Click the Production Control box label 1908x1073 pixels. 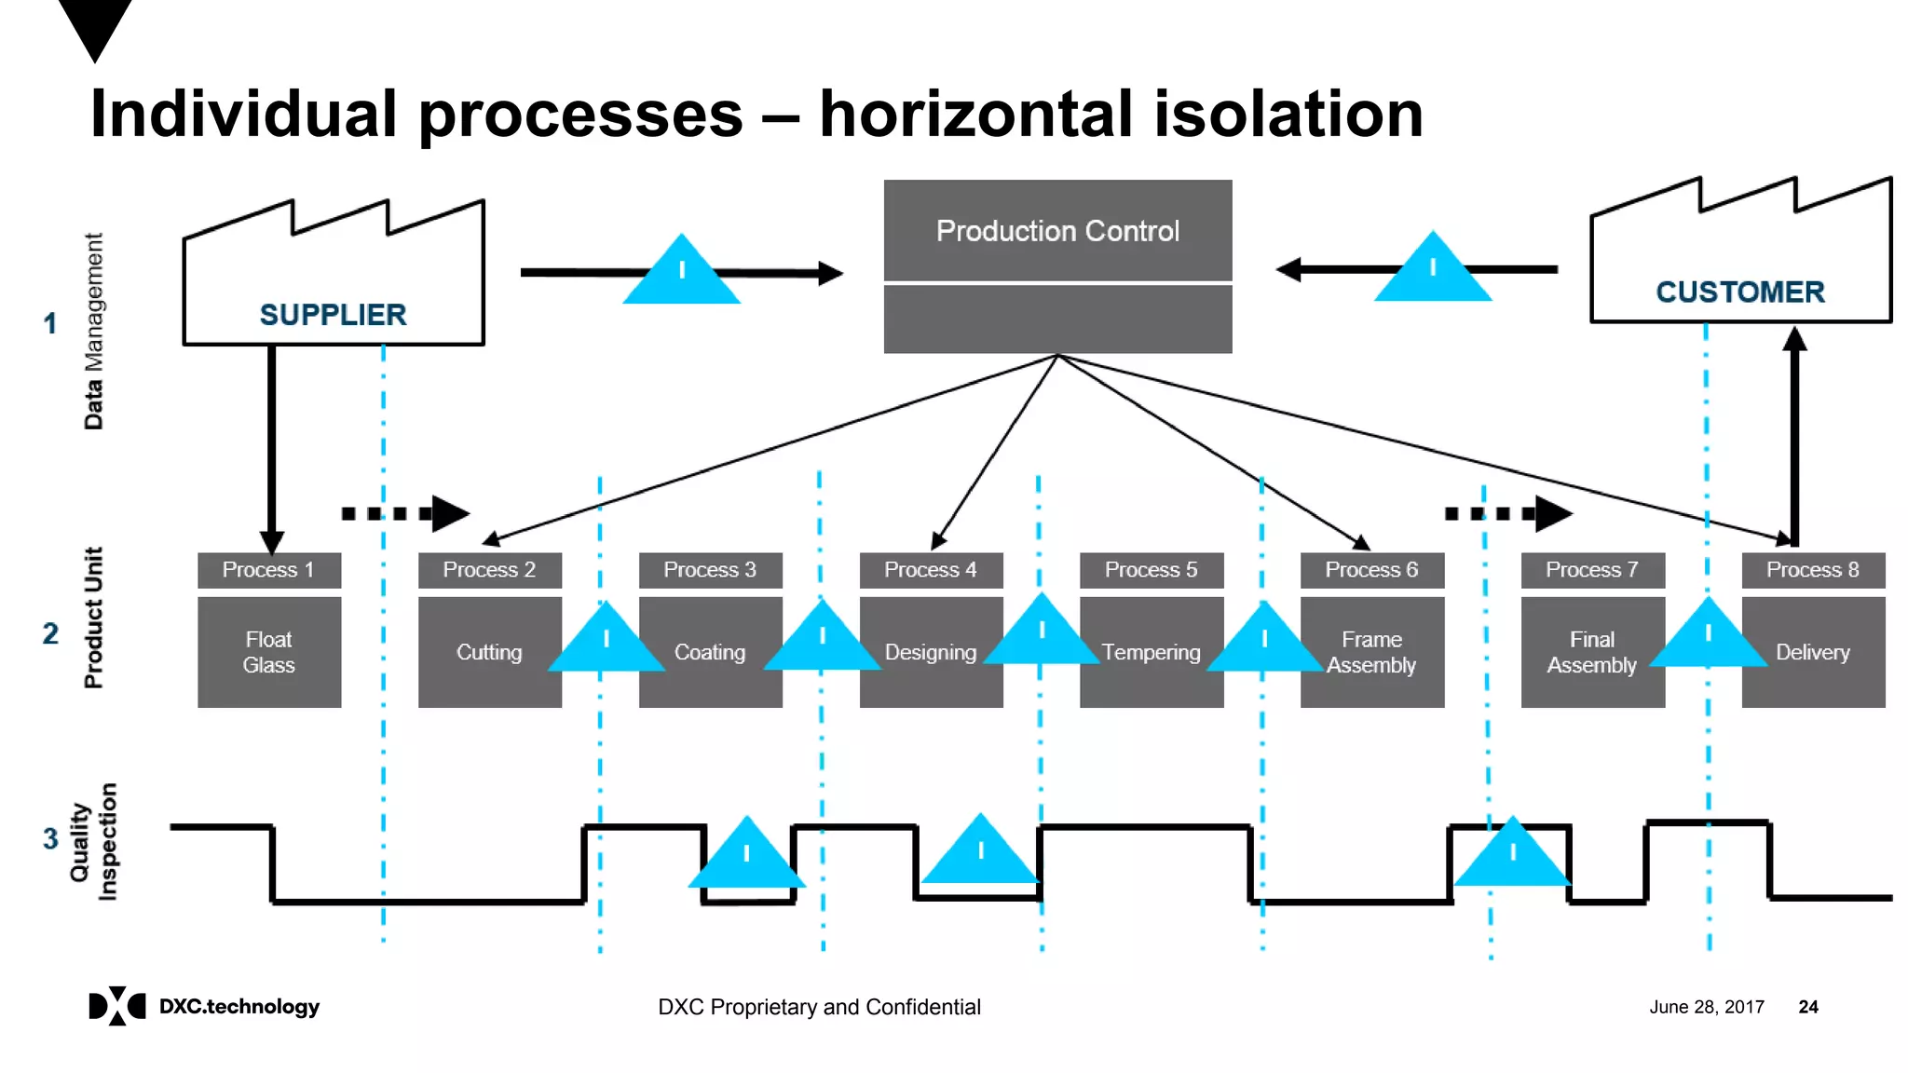click(x=1057, y=231)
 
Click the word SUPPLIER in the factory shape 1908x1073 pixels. click(x=333, y=315)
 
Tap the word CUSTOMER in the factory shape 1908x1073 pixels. click(x=1739, y=292)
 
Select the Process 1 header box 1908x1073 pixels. click(x=268, y=570)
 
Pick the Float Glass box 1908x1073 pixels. click(x=268, y=652)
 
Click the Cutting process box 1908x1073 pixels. click(x=488, y=652)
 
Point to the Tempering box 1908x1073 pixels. click(x=1151, y=652)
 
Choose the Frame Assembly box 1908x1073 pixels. click(x=1371, y=652)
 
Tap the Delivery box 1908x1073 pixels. click(x=1812, y=652)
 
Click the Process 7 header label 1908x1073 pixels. click(x=1591, y=570)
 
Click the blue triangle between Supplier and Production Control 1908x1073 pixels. click(x=681, y=273)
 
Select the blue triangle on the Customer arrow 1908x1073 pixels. click(x=1432, y=271)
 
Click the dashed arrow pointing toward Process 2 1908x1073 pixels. click(x=405, y=513)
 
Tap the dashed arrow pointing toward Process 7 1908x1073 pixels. click(x=1508, y=513)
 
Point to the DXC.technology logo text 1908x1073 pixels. click(x=238, y=1007)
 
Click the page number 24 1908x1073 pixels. click(x=1807, y=1007)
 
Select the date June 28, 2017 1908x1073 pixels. click(x=1706, y=1007)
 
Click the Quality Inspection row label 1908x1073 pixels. click(x=93, y=842)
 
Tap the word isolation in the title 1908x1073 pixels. click(x=1288, y=115)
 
